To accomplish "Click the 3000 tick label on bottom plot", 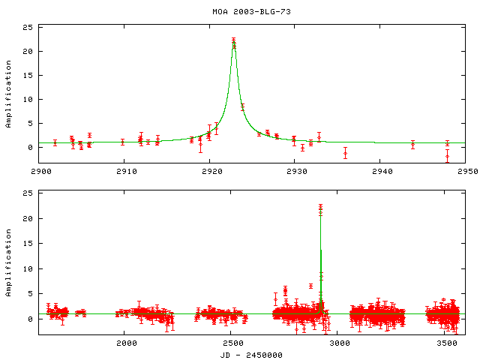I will pos(339,343).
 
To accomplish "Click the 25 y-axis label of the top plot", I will pos(28,28).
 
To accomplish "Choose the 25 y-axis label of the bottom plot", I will pos(28,193).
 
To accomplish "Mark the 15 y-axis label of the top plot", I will pos(28,76).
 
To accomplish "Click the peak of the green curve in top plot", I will pos(234,40).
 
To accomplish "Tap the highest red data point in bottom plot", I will pos(320,205).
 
